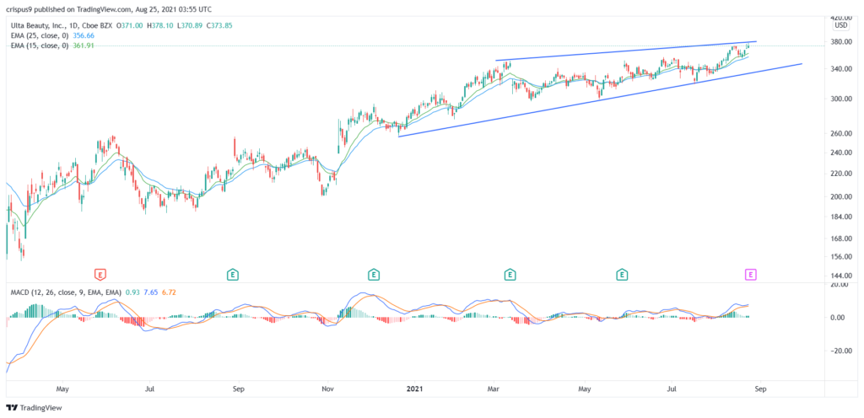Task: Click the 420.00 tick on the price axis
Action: (x=839, y=17)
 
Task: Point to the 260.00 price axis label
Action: (x=839, y=133)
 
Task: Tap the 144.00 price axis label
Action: (x=839, y=276)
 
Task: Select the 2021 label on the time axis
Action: (x=413, y=389)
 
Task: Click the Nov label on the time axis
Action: (x=327, y=389)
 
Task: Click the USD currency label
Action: (x=840, y=26)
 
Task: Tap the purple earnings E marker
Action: (x=750, y=274)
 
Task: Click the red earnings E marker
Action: (x=100, y=274)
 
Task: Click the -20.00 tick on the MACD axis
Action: (x=836, y=351)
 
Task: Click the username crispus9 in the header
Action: (x=21, y=8)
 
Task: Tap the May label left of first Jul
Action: (x=62, y=389)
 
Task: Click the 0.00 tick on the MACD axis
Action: (x=839, y=318)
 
